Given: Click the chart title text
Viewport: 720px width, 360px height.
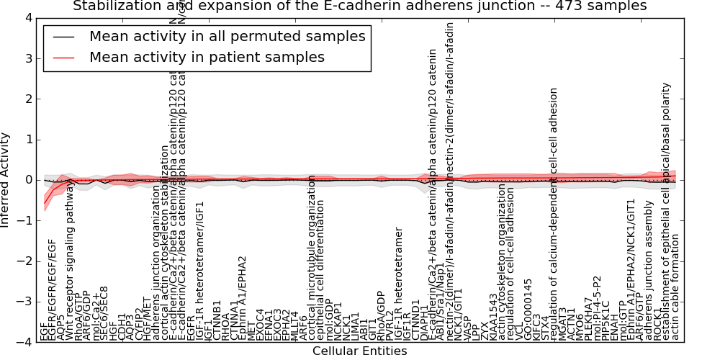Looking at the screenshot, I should (359, 6).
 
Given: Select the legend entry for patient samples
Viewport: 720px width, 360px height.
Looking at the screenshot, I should (207, 57).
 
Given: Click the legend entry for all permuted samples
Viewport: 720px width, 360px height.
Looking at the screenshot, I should (227, 36).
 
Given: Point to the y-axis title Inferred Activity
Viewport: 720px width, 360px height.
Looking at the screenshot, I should (6, 180).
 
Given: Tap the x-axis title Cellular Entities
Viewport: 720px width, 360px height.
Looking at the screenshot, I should (359, 351).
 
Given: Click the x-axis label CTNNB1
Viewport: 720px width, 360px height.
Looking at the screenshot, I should (217, 321).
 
